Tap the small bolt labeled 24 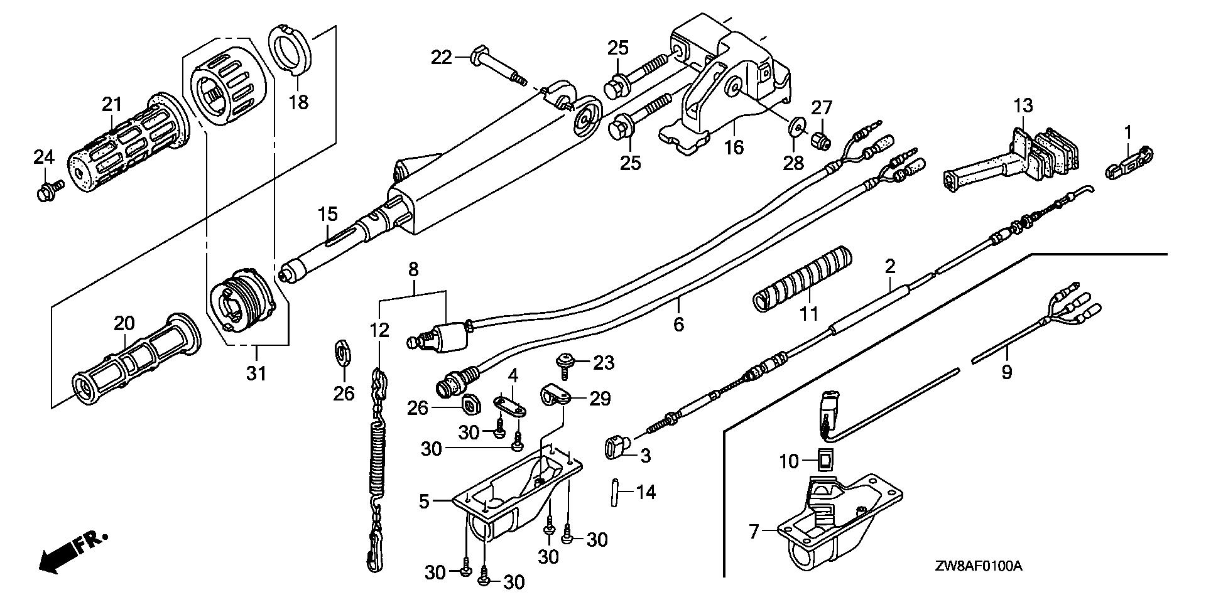click(48, 190)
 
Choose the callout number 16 click(734, 148)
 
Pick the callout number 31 click(256, 374)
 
